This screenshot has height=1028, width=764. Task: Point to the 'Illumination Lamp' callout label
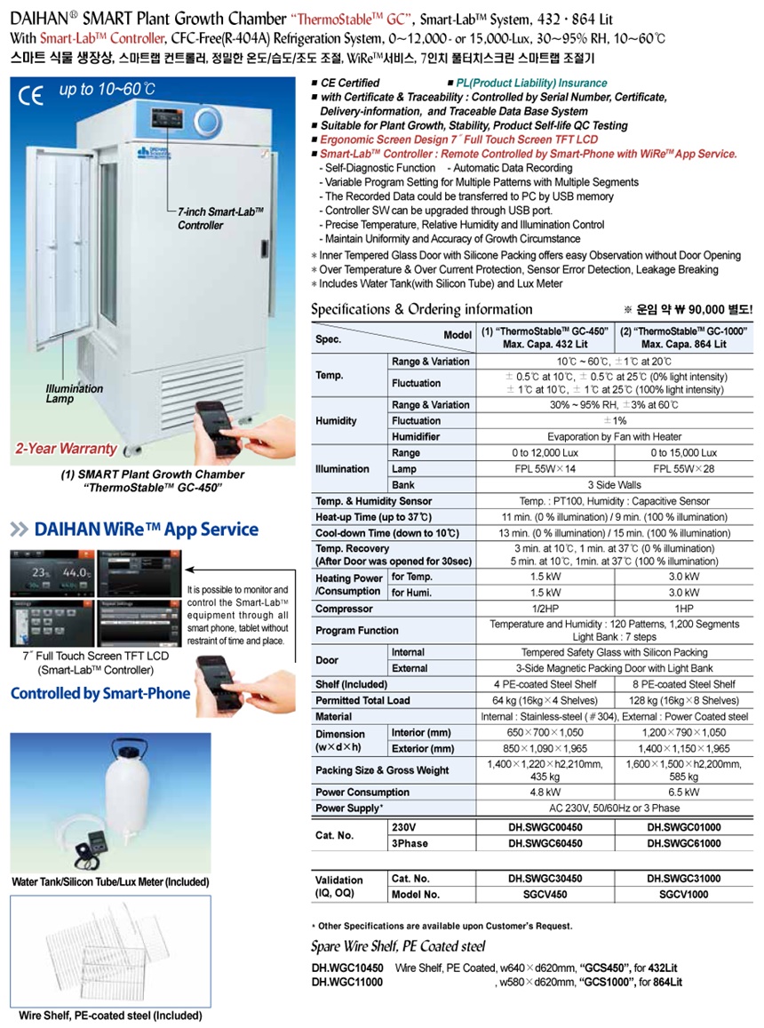point(75,394)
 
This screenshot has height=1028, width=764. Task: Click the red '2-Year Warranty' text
point(66,449)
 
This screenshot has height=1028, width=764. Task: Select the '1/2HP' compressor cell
point(544,610)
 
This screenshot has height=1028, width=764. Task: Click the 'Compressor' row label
point(345,610)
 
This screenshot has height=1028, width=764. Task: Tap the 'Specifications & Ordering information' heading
point(421,310)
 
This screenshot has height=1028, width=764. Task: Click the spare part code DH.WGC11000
point(347,982)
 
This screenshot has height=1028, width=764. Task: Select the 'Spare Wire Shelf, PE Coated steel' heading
point(398,946)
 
